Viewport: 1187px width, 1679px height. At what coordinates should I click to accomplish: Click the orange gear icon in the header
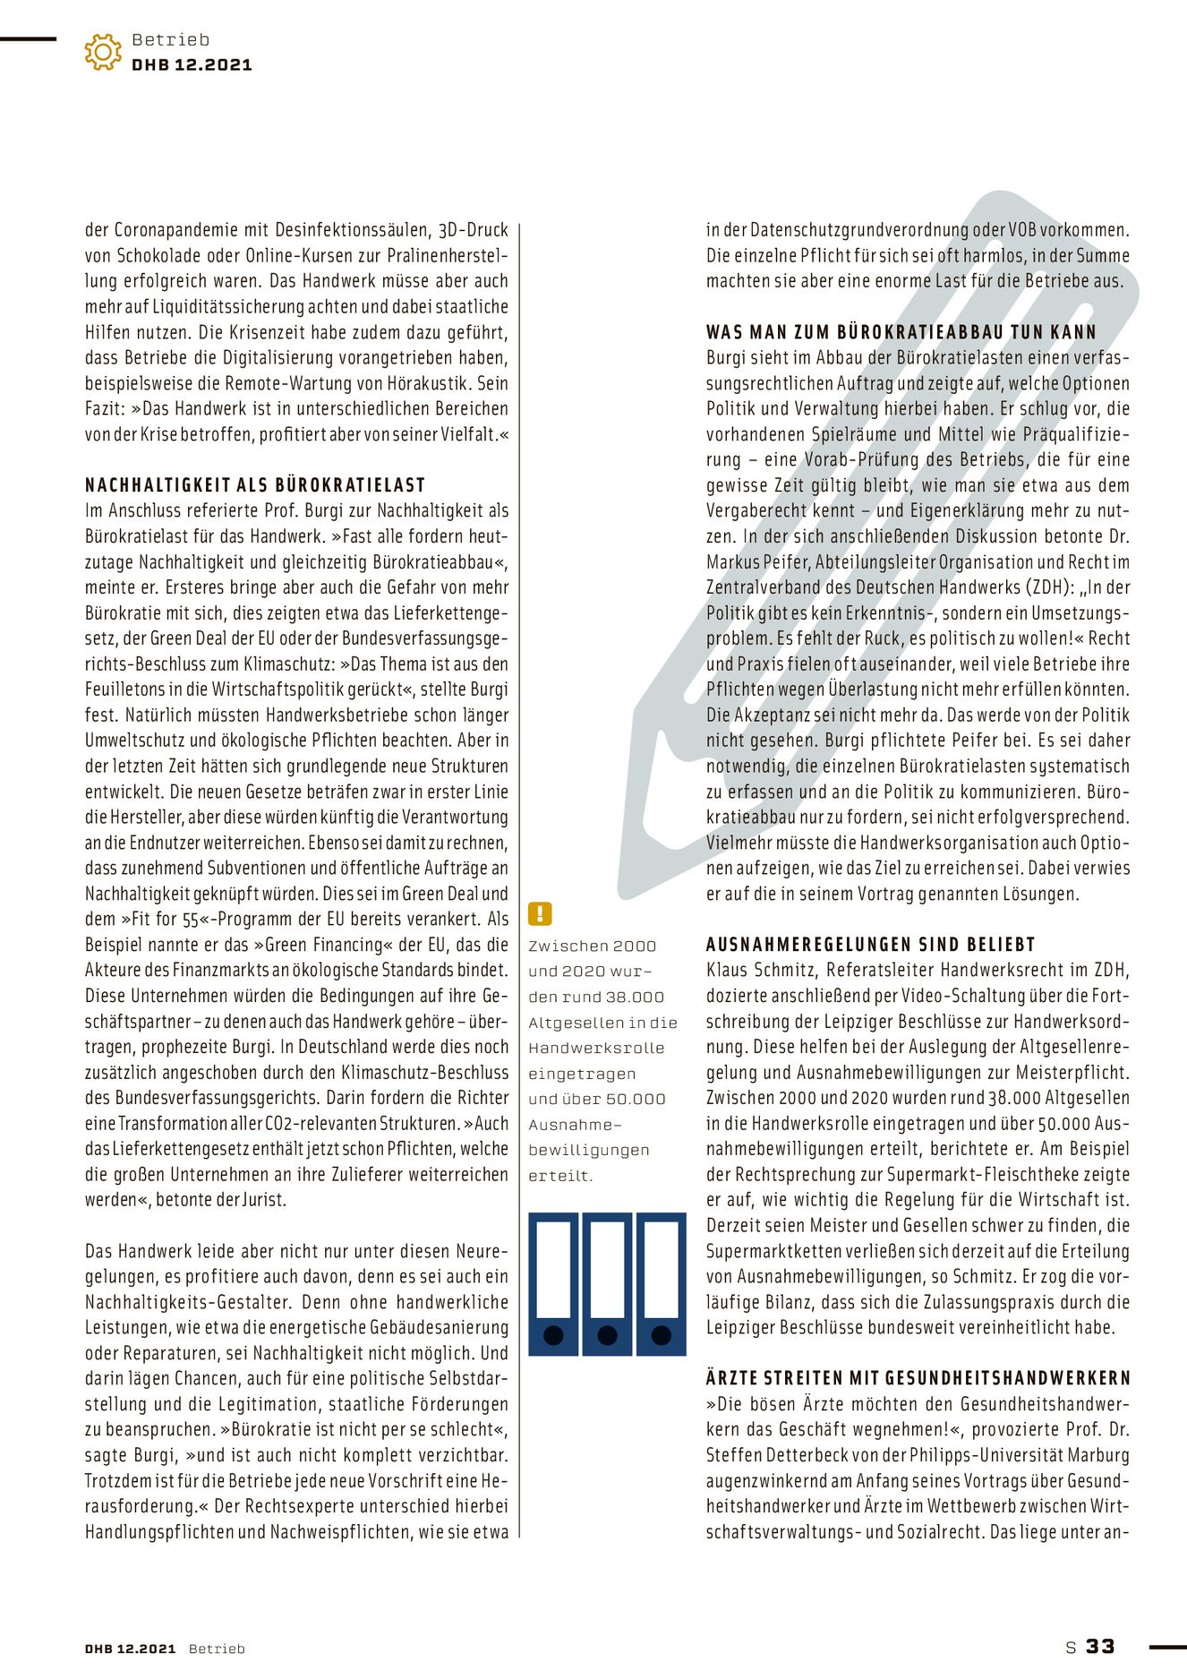(103, 52)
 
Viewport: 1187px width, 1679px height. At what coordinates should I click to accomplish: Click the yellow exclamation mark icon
(540, 913)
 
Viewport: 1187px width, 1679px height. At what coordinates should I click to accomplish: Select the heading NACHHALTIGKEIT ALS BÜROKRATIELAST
(255, 485)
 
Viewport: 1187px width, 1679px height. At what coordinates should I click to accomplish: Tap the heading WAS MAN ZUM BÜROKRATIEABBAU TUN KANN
(901, 332)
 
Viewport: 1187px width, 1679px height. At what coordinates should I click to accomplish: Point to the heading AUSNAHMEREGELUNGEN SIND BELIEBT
(870, 945)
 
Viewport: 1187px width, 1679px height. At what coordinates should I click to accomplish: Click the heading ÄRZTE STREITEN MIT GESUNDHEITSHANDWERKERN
(918, 1378)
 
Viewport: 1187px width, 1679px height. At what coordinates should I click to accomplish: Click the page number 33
(1100, 1646)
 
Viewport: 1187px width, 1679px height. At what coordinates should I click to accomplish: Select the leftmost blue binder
(553, 1282)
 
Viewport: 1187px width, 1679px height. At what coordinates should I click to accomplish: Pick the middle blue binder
(607, 1282)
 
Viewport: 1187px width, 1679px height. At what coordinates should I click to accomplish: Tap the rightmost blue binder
(661, 1282)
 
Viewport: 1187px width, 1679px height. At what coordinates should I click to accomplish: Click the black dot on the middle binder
(607, 1336)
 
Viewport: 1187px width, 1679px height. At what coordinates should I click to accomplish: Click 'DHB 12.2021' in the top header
(192, 64)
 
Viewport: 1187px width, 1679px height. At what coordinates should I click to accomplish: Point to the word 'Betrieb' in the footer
(217, 1649)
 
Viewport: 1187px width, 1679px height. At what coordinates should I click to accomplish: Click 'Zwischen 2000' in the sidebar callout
(592, 946)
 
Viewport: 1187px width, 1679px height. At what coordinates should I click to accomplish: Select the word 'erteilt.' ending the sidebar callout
(560, 1176)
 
